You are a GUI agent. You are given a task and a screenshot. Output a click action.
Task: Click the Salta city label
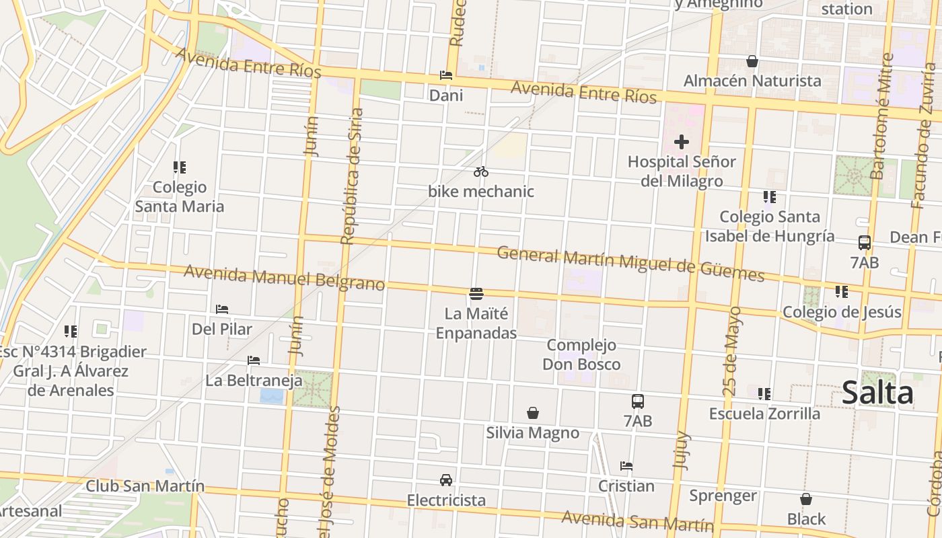pyautogui.click(x=877, y=393)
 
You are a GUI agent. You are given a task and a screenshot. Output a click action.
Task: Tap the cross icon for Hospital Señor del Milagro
pyautogui.click(x=682, y=142)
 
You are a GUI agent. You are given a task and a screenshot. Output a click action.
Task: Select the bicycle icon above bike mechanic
pyautogui.click(x=480, y=172)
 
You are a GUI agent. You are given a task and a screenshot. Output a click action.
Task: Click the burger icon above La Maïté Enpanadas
pyautogui.click(x=476, y=293)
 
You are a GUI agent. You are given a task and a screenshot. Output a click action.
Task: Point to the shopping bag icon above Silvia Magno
pyautogui.click(x=533, y=412)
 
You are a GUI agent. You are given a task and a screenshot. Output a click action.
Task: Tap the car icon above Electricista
pyautogui.click(x=445, y=480)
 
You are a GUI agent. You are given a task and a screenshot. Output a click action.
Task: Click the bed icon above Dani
pyautogui.click(x=445, y=75)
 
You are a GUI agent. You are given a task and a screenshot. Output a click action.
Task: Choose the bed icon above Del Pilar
pyautogui.click(x=222, y=309)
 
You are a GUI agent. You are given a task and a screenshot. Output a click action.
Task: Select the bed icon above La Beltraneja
pyautogui.click(x=254, y=360)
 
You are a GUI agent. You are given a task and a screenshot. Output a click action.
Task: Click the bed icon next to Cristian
pyautogui.click(x=626, y=465)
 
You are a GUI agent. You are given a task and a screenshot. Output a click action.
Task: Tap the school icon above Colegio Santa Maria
pyautogui.click(x=179, y=167)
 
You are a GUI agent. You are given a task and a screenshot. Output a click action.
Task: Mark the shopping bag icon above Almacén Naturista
pyautogui.click(x=752, y=62)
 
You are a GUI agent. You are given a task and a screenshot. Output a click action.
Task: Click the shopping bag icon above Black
pyautogui.click(x=806, y=499)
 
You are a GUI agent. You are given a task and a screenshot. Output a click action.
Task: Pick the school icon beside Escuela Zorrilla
pyautogui.click(x=764, y=393)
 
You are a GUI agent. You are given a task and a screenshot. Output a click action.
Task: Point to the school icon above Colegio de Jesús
pyautogui.click(x=841, y=292)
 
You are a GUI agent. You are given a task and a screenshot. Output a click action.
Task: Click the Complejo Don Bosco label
pyautogui.click(x=581, y=354)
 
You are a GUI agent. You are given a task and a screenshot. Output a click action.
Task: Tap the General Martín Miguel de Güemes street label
pyautogui.click(x=630, y=264)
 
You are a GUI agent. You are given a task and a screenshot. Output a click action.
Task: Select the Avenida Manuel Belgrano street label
pyautogui.click(x=284, y=277)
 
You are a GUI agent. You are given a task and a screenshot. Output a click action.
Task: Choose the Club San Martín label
pyautogui.click(x=145, y=486)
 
